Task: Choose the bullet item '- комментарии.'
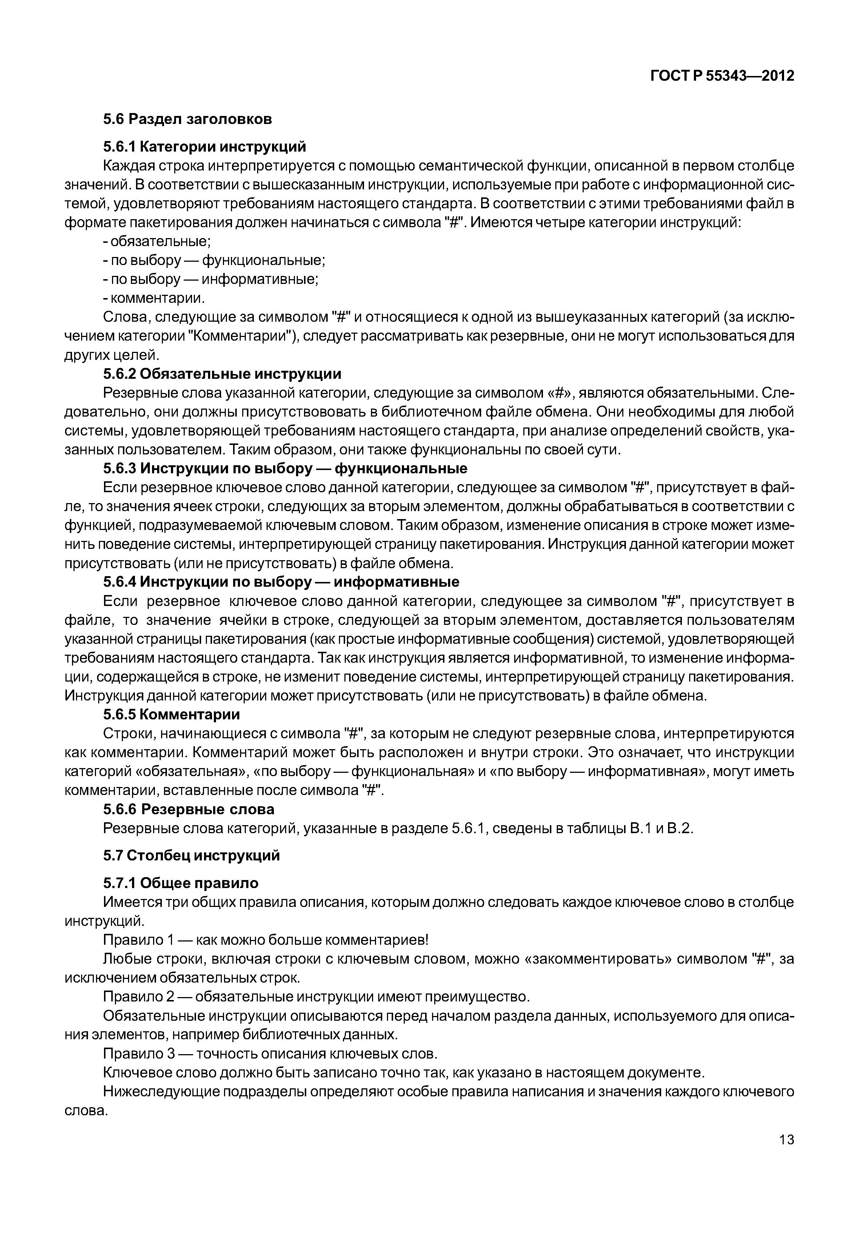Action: pyautogui.click(x=154, y=298)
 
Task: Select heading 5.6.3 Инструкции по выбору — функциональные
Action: pyautogui.click(x=285, y=468)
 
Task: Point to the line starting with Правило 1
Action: pyautogui.click(x=266, y=940)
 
